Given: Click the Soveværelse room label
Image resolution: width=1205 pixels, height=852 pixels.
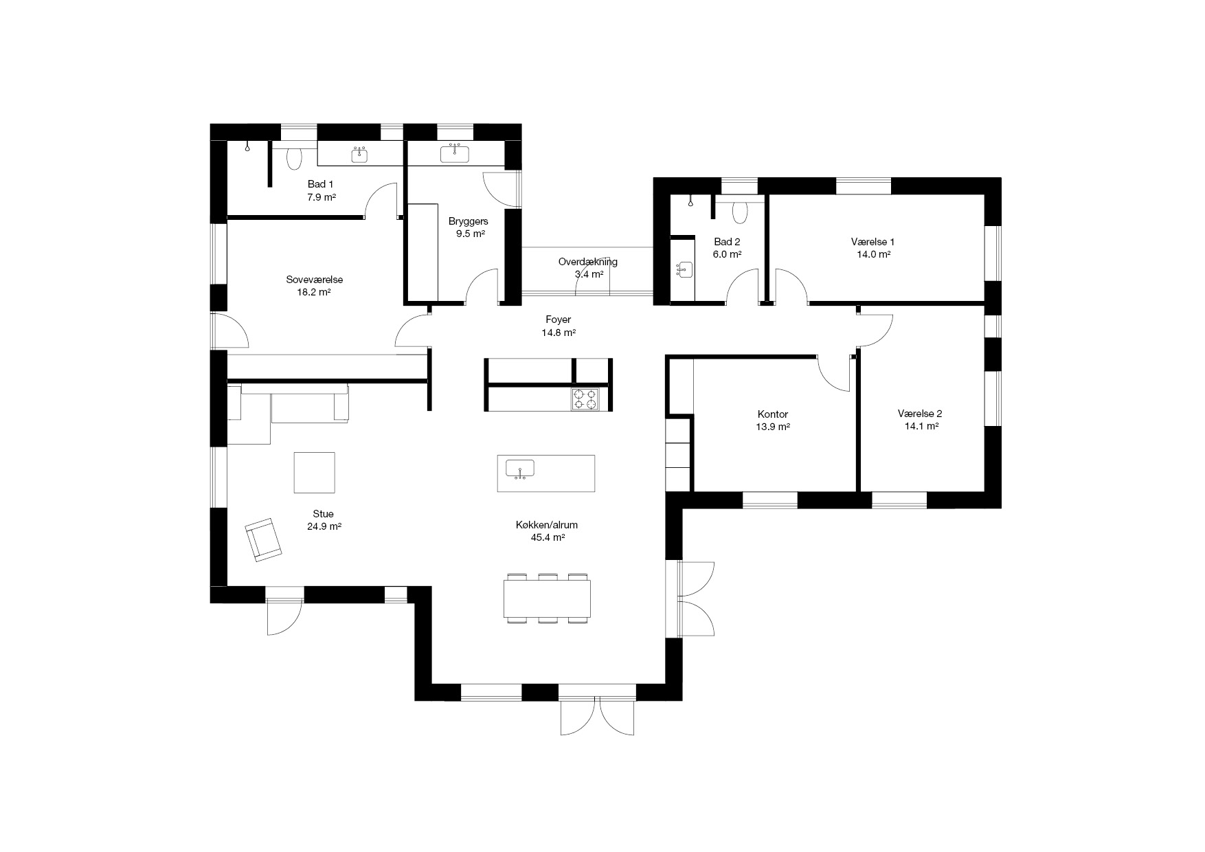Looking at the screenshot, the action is [315, 280].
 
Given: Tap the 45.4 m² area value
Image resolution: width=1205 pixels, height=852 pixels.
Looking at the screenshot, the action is [548, 537].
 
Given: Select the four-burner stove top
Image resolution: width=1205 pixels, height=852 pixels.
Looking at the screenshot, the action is [585, 399].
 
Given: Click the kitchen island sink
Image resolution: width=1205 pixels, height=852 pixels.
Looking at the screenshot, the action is [520, 469].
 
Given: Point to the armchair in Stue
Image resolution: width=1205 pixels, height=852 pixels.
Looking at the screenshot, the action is [263, 539].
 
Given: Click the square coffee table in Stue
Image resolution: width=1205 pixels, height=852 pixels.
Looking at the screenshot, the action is [314, 472].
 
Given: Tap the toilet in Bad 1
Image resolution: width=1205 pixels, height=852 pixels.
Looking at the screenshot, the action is [295, 157].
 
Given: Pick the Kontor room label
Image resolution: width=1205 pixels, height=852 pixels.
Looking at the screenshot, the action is [773, 414].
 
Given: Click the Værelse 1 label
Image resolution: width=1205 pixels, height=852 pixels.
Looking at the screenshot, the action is [872, 242].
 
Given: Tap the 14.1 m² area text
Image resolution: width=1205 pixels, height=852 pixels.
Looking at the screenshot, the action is [921, 426].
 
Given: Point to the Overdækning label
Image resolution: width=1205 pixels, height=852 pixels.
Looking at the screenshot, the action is [587, 262].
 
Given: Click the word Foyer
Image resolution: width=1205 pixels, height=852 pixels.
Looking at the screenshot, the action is [558, 319].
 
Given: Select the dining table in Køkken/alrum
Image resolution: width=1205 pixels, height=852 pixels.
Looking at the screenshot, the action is [548, 598].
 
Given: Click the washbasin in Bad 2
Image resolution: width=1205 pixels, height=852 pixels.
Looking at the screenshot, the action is [684, 269].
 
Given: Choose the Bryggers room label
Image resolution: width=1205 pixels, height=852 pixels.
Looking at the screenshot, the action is [468, 221].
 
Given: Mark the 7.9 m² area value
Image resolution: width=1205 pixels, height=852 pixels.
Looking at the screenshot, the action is [321, 197].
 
